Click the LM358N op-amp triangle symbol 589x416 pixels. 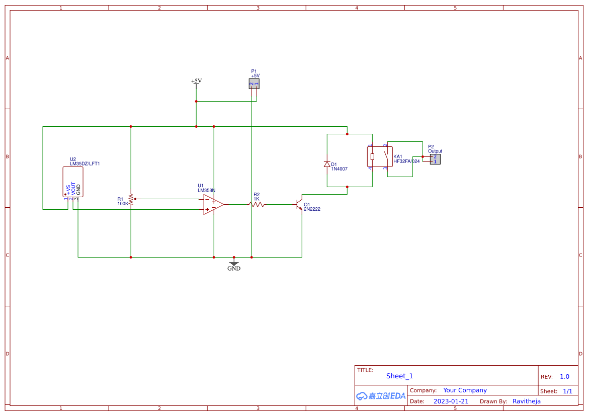tap(212, 204)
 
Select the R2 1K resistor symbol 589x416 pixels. tap(257, 204)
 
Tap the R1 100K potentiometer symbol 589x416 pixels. tap(131, 199)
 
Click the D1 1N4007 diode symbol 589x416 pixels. tap(327, 164)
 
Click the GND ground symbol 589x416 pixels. tap(234, 263)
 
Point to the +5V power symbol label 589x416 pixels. tap(196, 81)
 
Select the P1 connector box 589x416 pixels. tap(254, 84)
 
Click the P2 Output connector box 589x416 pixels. tap(435, 159)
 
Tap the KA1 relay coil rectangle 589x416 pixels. tap(372, 156)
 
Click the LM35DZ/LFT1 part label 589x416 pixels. tap(85, 163)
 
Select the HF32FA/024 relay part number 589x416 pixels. tap(406, 161)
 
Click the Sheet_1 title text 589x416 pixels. tap(399, 376)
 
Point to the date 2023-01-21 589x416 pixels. tap(451, 401)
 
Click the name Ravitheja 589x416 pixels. tap(527, 401)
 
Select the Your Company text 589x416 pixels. tap(465, 390)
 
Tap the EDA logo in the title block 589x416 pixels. tap(381, 396)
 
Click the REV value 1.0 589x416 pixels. tap(564, 376)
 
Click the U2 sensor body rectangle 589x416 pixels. tap(73, 182)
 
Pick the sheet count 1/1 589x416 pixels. tap(567, 391)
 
